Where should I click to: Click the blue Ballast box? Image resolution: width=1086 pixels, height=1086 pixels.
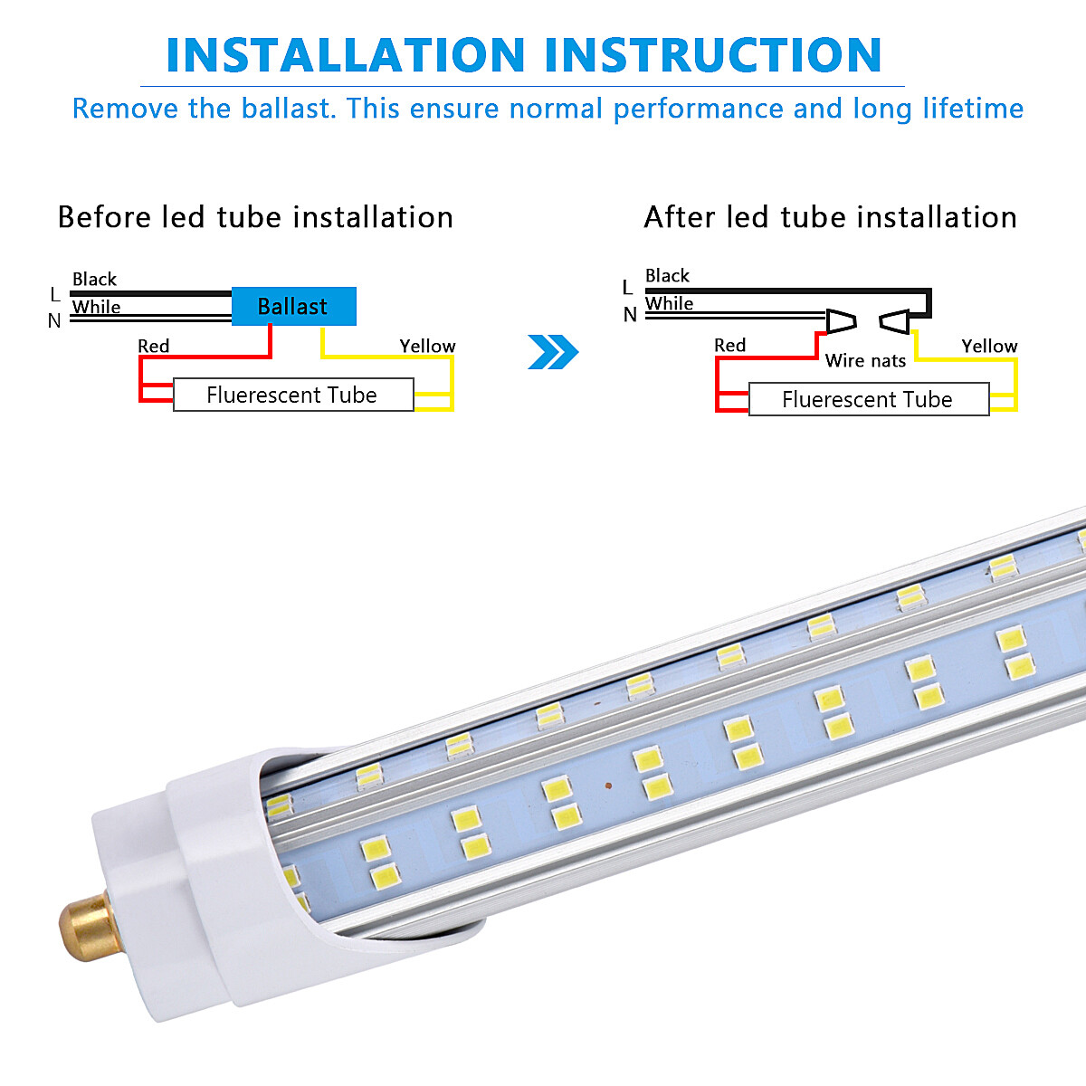[293, 307]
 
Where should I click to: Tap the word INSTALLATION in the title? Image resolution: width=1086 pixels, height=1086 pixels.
[346, 55]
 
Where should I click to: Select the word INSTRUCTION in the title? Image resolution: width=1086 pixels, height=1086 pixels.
[713, 55]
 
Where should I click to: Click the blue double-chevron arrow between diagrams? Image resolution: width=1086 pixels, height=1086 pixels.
[552, 352]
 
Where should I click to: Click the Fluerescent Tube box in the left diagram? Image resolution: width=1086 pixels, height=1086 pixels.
[292, 395]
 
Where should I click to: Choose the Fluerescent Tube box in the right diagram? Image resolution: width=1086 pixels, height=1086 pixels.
[868, 400]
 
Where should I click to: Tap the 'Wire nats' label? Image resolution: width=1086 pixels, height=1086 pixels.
[865, 361]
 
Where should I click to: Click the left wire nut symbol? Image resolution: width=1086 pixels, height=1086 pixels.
[841, 320]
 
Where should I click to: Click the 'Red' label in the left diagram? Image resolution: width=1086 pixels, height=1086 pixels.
[153, 347]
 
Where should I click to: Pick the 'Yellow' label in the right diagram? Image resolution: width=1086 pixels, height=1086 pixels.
[989, 347]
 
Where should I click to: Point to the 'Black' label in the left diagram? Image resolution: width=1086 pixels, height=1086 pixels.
[94, 280]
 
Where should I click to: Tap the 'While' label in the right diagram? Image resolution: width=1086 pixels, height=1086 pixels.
[669, 304]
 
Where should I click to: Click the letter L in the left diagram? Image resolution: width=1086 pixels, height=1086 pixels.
[55, 295]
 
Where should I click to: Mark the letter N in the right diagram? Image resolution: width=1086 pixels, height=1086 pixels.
[630, 315]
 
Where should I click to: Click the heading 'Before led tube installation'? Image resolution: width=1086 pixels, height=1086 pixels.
[255, 218]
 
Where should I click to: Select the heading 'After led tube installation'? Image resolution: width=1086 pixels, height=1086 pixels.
[830, 218]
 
